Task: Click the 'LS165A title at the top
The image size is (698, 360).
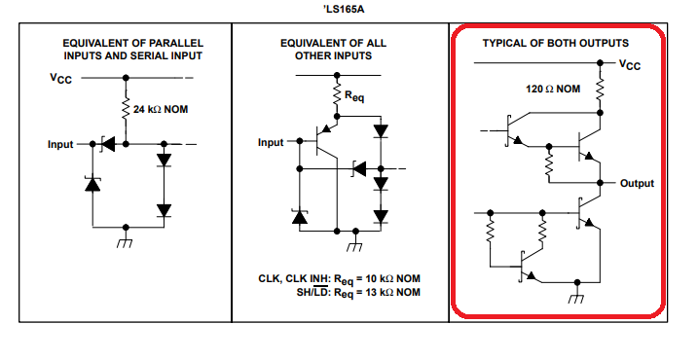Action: (x=344, y=10)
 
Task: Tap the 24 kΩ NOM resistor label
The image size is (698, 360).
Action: (x=161, y=110)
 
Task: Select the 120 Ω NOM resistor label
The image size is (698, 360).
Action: (x=553, y=89)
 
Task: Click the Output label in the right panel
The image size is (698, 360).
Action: (x=637, y=183)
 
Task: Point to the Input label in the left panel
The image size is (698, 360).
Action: (x=60, y=145)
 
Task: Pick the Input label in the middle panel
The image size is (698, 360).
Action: (x=271, y=142)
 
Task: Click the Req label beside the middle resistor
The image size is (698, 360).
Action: (x=354, y=95)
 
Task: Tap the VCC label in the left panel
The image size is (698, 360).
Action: (x=60, y=78)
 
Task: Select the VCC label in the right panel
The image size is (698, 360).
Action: (x=630, y=65)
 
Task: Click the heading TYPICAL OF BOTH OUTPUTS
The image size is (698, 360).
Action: (x=556, y=43)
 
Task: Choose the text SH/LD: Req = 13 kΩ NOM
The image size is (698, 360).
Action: (x=358, y=293)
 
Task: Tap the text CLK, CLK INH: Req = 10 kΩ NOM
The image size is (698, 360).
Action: (x=339, y=279)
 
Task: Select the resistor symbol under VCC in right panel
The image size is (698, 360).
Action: (x=600, y=89)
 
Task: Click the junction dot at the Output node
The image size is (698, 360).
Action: (x=600, y=183)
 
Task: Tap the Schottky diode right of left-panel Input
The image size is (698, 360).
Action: (x=108, y=144)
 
